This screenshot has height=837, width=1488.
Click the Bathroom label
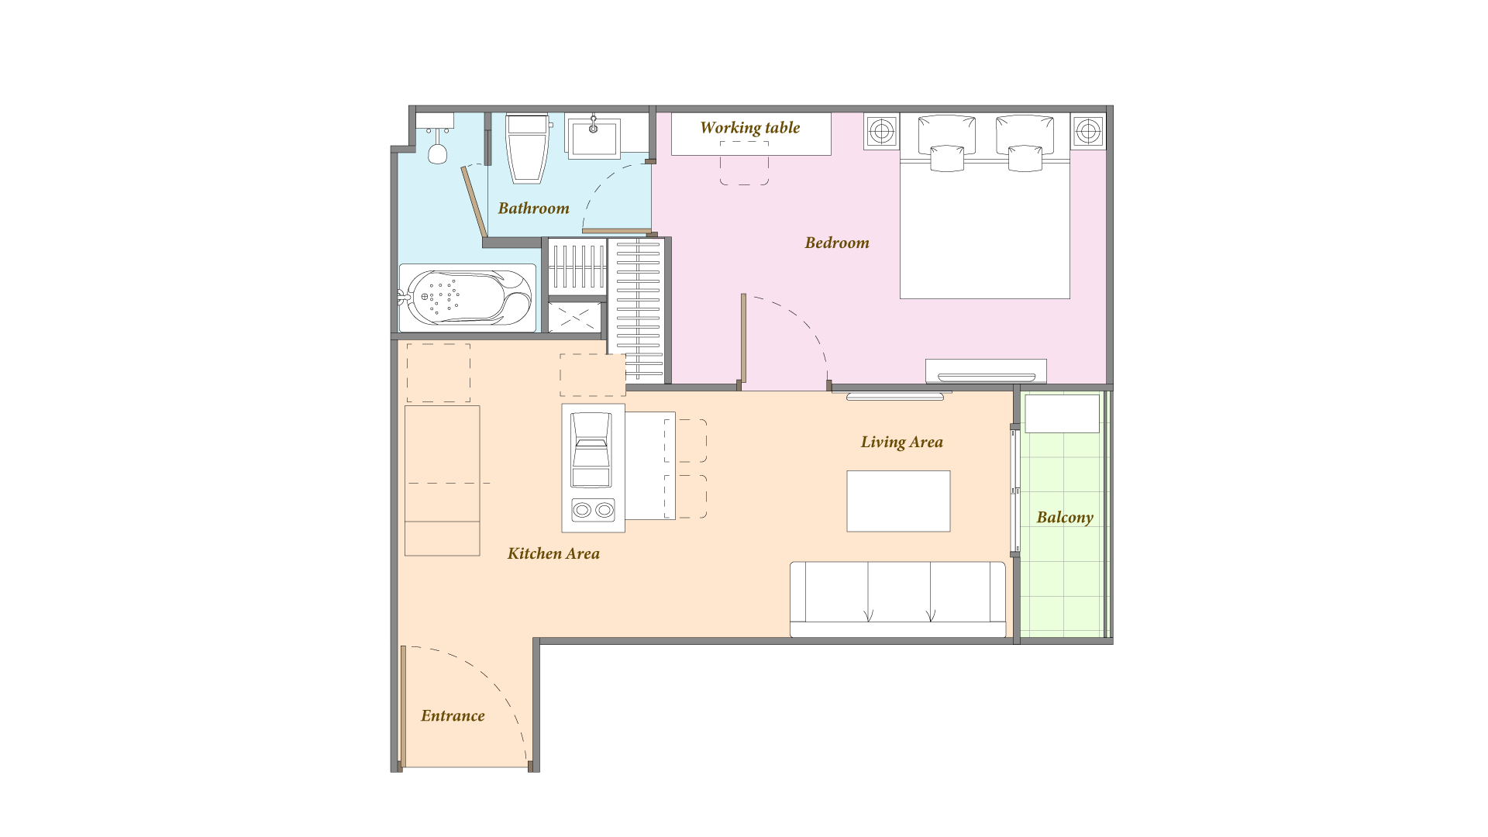[x=533, y=208]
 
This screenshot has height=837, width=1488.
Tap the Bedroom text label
[x=837, y=243]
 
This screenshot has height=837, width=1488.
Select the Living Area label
[x=901, y=442]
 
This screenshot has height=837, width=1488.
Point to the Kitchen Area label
[x=553, y=553]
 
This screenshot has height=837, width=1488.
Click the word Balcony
[x=1065, y=518]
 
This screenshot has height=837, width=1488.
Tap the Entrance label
[x=453, y=715]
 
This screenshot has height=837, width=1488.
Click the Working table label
[x=749, y=128]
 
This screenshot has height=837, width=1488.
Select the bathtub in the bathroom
[x=467, y=298]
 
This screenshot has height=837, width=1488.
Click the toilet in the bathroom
[x=528, y=149]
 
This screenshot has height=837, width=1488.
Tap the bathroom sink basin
[x=594, y=138]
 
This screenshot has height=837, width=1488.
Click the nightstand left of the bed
[x=882, y=132]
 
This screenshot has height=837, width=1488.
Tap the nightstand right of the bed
[x=1088, y=132]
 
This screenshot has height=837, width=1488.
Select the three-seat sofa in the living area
[x=898, y=600]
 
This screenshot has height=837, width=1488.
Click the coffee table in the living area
[x=898, y=501]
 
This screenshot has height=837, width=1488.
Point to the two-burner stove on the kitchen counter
[x=593, y=509]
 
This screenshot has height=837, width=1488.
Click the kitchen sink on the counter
[x=591, y=450]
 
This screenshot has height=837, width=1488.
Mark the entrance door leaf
[x=403, y=707]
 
